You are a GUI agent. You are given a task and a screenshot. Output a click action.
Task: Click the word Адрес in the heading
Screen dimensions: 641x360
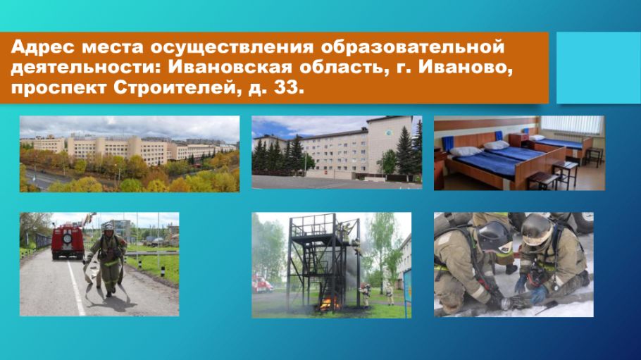click(43, 47)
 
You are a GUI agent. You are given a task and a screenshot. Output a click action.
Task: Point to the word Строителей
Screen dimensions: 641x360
click(174, 88)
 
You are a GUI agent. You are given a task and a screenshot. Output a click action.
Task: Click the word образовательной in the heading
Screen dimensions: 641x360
click(413, 47)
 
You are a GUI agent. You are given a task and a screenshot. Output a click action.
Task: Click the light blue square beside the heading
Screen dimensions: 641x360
click(599, 68)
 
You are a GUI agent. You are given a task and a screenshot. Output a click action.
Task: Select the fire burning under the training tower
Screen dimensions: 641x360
click(329, 304)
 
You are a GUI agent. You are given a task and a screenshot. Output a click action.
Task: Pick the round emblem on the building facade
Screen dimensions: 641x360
click(388, 133)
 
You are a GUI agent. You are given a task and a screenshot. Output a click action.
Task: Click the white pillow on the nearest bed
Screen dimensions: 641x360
click(466, 151)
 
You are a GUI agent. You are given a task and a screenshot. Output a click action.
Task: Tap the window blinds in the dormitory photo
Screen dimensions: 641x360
click(572, 125)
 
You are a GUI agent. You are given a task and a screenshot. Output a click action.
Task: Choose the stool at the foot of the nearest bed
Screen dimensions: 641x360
click(542, 180)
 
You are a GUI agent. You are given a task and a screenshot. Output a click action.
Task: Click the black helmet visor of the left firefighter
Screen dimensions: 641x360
click(494, 237)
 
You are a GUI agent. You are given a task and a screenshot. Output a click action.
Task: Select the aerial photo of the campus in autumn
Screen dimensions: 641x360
click(130, 154)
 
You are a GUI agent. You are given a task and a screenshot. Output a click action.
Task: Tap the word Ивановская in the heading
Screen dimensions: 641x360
click(230, 68)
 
